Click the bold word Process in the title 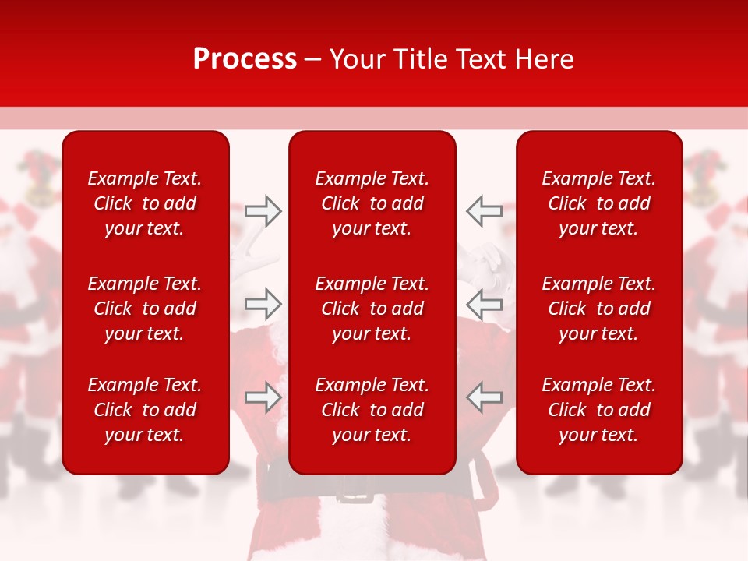[x=245, y=59]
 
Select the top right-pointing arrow [x=263, y=211]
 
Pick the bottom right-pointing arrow [x=263, y=397]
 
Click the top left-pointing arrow [x=484, y=211]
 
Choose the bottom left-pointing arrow [x=484, y=397]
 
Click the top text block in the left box [x=145, y=203]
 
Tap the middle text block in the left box [x=145, y=309]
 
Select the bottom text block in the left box [x=145, y=410]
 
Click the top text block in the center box [x=372, y=203]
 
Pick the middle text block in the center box [x=372, y=309]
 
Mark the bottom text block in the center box [x=372, y=410]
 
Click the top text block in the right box [x=599, y=203]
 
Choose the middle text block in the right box [x=599, y=309]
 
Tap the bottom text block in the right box [x=599, y=410]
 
